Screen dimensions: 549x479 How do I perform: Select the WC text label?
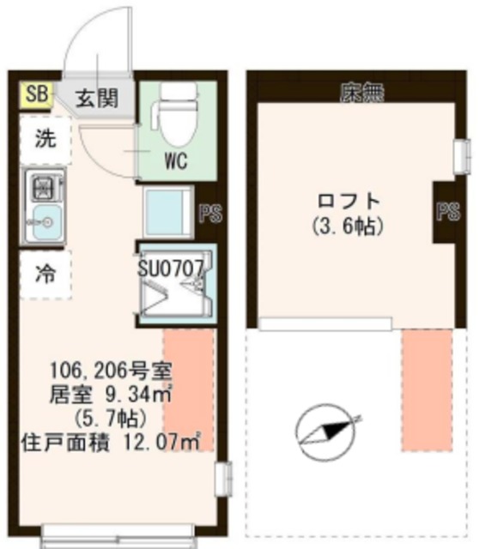pos(176,160)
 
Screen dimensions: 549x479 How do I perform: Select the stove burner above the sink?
pos(45,185)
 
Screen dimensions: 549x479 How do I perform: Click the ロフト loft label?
pos(348,202)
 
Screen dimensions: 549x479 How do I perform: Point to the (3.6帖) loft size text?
pos(348,227)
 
